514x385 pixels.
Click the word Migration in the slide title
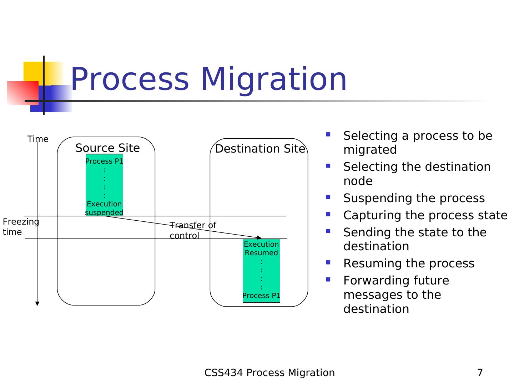pos(273,79)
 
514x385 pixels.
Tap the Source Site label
pos(107,148)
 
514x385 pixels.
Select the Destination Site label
pos(260,149)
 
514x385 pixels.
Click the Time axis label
pos(38,139)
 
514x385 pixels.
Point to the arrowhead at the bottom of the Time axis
pos(37,304)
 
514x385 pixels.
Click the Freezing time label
pos(21,227)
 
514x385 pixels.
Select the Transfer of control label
pos(193,230)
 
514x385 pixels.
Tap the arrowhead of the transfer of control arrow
pos(259,237)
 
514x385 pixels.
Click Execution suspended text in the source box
pos(104,208)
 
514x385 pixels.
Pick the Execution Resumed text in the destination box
pos(261,248)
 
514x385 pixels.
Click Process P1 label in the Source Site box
pos(104,161)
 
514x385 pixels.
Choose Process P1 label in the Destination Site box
pos(261,296)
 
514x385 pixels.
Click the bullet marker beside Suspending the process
pos(328,197)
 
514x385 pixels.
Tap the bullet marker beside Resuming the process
pos(328,262)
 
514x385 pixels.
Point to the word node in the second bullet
pos(358,181)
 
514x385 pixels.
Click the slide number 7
pos(480,373)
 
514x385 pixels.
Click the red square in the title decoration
pos(23,93)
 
